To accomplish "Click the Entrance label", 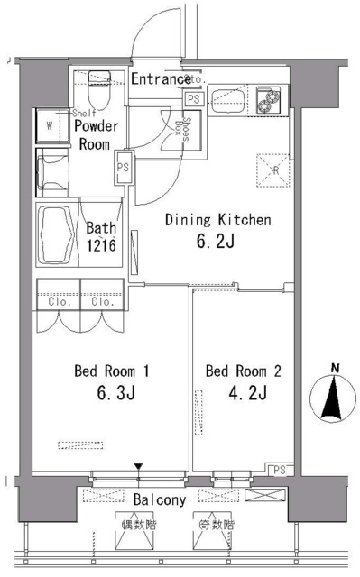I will (x=161, y=79).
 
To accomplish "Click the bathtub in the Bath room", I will (x=57, y=233).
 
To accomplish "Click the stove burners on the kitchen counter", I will (x=269, y=100).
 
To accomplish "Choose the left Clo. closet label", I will (x=57, y=302).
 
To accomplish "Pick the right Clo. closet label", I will (x=101, y=302).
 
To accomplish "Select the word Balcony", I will (x=160, y=499).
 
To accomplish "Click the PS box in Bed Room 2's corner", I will (x=279, y=469).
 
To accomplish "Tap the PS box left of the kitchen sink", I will (x=194, y=99).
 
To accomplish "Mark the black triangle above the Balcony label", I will (x=138, y=466).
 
